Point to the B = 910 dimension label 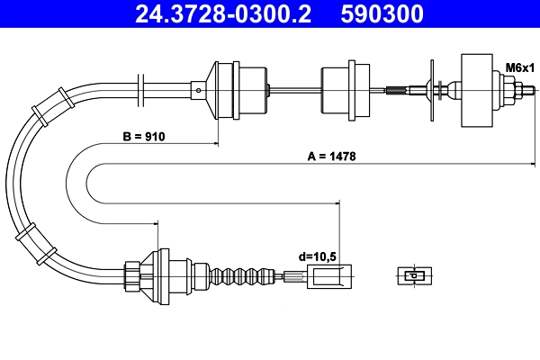click(144, 137)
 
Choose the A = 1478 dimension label click(333, 156)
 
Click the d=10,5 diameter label click(317, 256)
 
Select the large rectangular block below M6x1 click(480, 90)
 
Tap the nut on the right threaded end click(519, 89)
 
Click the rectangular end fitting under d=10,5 click(328, 276)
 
